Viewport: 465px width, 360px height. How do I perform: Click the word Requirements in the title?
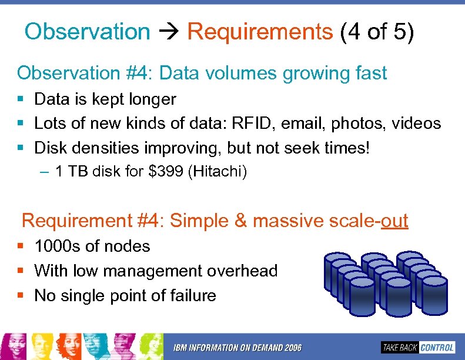tap(260, 32)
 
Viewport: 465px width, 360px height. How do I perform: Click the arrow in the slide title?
tap(169, 32)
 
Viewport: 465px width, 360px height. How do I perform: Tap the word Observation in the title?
tap(87, 32)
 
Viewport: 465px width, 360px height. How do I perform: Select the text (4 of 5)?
tap(377, 32)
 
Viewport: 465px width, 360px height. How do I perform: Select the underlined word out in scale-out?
tap(394, 221)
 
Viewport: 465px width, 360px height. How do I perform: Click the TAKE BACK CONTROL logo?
tap(417, 347)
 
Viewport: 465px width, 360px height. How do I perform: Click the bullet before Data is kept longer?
tap(21, 99)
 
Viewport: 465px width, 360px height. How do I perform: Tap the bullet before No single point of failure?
tap(21, 295)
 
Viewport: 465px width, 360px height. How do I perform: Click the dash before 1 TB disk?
tap(45, 172)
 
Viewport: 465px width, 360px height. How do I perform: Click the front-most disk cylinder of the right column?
tap(434, 294)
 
